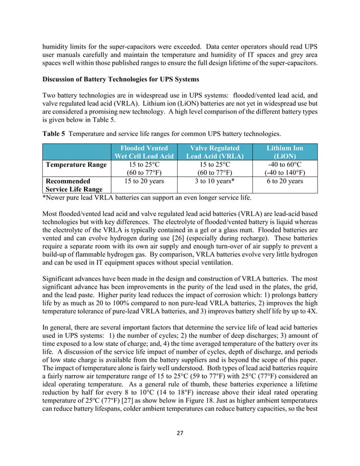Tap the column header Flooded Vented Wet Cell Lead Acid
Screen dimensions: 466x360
pyautogui.click(x=144, y=152)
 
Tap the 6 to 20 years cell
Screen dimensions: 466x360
pyautogui.click(x=285, y=182)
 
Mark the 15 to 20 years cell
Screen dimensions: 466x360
pyautogui.click(x=144, y=182)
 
